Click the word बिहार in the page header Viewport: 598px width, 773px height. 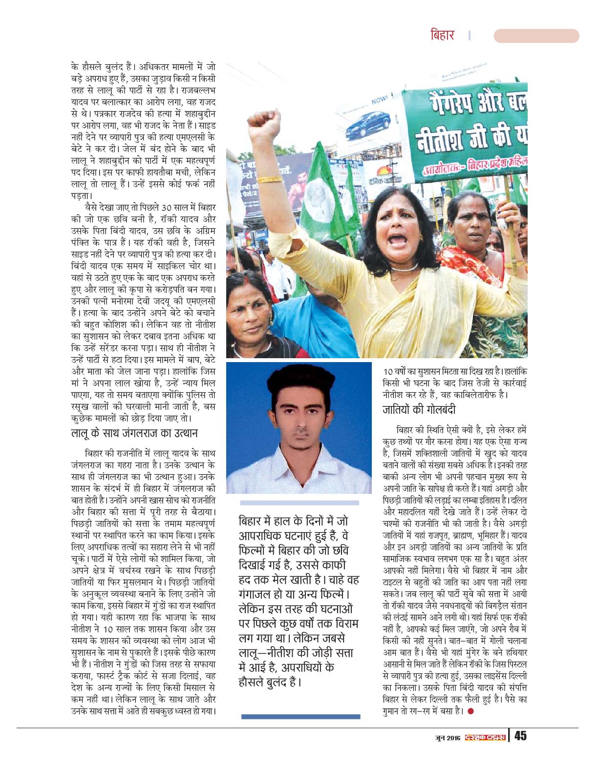(443, 36)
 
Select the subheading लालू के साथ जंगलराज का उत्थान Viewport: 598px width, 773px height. (134, 433)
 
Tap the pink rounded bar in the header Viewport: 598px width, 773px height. (536, 36)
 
